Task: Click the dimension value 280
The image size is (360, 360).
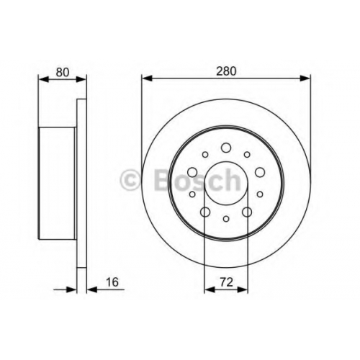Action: pos(226,71)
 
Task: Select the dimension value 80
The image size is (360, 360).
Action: pos(63,72)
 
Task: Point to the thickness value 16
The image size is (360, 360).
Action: pos(112,282)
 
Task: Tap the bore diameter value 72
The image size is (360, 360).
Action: pos(226,282)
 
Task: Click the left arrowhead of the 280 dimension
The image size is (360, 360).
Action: pos(147,78)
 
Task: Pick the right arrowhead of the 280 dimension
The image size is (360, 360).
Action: pos(305,78)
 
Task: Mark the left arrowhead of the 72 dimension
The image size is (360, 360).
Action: pos(210,289)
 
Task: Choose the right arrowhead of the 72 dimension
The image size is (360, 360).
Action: pos(243,289)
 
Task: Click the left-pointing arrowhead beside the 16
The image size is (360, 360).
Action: pos(91,289)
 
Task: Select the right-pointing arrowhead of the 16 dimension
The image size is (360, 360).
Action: pos(71,289)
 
